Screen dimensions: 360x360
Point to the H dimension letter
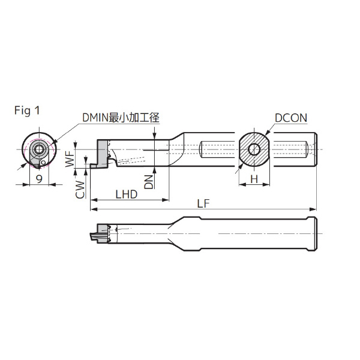(254, 179)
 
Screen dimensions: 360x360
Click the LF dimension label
(203, 203)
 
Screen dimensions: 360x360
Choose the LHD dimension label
(126, 194)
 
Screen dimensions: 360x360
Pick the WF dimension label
(70, 159)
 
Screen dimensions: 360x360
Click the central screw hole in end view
(38, 149)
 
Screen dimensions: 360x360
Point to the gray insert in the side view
(100, 146)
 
